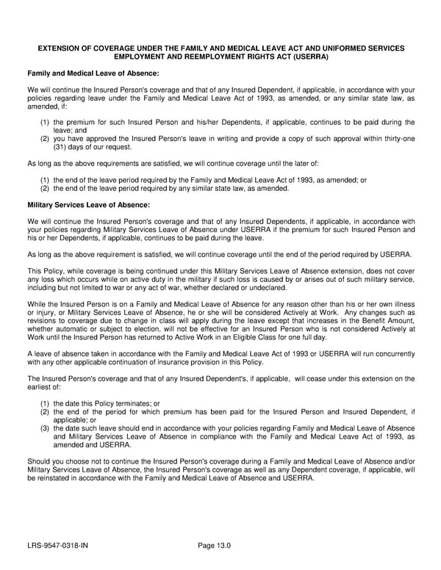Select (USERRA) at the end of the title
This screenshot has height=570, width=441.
pos(309,57)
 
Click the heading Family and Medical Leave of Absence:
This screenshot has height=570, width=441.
pos(93,73)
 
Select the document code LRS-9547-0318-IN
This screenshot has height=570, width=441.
pos(63,545)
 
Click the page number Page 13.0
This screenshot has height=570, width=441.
pos(215,545)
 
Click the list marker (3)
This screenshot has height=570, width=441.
pos(45,428)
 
